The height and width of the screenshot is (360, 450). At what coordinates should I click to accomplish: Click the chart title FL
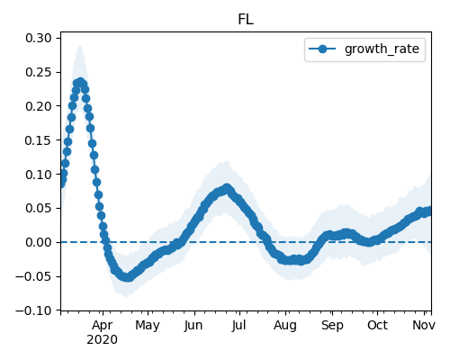(x=246, y=20)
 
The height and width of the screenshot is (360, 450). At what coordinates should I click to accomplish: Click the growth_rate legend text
(x=382, y=49)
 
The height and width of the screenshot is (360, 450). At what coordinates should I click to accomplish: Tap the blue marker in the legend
(x=322, y=49)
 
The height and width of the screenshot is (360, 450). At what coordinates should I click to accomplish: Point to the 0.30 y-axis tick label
(x=39, y=38)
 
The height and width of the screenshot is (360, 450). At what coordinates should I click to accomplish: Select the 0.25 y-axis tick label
(x=39, y=72)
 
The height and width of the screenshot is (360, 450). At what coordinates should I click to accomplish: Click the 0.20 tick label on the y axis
(x=39, y=106)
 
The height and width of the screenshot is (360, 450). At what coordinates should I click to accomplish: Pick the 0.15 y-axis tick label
(x=39, y=140)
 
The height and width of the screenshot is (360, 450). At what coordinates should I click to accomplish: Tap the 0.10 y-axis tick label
(x=39, y=175)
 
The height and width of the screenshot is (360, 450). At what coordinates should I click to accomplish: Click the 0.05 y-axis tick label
(x=39, y=208)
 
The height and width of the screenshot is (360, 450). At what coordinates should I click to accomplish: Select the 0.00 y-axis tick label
(x=39, y=242)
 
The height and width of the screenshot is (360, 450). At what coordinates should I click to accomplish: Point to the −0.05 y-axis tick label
(x=33, y=276)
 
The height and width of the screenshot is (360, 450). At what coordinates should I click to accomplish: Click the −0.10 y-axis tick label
(x=33, y=310)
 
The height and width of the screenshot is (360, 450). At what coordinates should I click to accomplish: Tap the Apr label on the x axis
(x=103, y=326)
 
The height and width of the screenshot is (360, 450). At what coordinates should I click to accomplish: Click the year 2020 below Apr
(x=102, y=340)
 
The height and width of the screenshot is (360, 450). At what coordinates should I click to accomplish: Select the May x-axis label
(x=148, y=326)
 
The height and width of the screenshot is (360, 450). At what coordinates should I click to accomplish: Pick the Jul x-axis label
(x=238, y=325)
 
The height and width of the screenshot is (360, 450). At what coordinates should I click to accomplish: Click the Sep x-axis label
(x=332, y=326)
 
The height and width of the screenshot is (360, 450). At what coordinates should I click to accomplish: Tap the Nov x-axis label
(x=424, y=325)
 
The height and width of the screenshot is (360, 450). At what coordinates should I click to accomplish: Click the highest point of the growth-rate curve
(x=80, y=82)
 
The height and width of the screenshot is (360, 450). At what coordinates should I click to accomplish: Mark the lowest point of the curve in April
(x=128, y=277)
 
